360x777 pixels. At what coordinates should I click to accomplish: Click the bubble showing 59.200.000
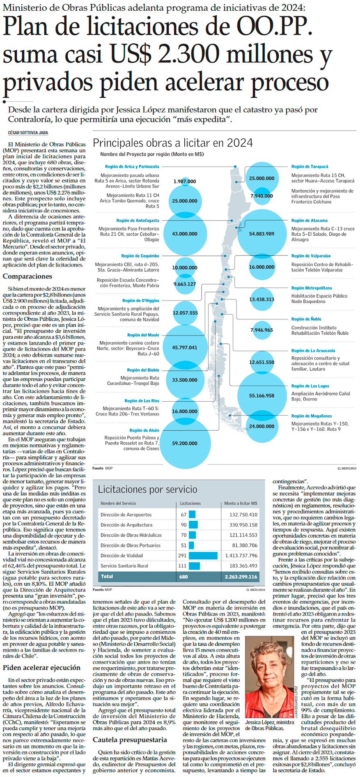pos(185,444)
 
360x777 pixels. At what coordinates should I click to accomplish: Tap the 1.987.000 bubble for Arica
pos(185,182)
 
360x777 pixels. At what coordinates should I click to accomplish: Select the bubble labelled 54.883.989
pos(261,234)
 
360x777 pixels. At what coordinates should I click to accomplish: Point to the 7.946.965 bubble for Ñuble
pos(261,330)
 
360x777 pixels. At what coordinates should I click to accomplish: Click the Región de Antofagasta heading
pos(138,221)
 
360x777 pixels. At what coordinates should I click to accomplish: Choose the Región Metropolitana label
pos(312,288)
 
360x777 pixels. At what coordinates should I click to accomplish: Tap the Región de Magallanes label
pos(312,416)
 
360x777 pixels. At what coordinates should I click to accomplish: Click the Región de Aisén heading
pos(144,430)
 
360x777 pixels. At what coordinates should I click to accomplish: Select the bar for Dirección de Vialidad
pos(203,556)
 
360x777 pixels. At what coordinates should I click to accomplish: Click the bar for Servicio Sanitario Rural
pos(194,566)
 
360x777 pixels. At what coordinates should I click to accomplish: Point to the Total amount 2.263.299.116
pos(241,577)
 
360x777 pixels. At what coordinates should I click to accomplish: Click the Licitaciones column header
pos(190,503)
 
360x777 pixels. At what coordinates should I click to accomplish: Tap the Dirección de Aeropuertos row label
pos(126,515)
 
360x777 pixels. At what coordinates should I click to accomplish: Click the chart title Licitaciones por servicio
pos(147,490)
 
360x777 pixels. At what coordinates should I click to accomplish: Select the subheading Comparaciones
pos(28,276)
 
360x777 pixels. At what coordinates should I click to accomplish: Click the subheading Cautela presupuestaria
pos(130,740)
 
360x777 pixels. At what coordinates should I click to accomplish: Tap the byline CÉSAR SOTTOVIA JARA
pos(28,133)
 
